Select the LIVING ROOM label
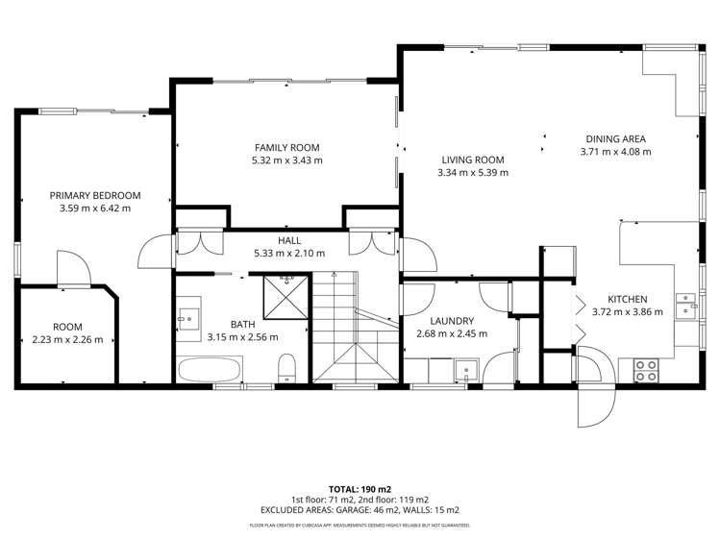pos(473,160)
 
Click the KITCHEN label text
pos(627,299)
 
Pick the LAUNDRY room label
pos(452,321)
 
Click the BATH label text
pos(242,325)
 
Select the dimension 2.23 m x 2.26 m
pos(67,338)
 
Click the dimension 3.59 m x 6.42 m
pos(94,208)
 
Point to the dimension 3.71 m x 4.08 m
pos(615,151)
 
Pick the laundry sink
pos(467,369)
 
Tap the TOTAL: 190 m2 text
pos(360,488)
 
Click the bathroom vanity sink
pos(186,316)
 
